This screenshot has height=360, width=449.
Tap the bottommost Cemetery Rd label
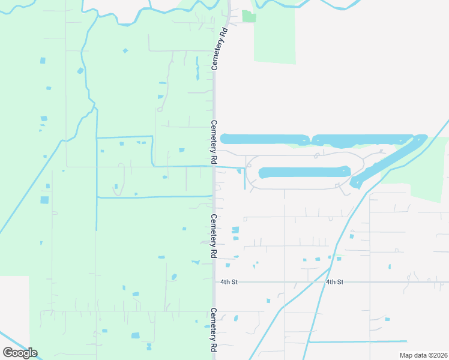213,329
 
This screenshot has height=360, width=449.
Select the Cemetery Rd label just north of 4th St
213,236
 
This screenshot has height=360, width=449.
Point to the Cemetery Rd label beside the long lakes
213,142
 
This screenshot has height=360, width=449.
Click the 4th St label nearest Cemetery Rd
229,281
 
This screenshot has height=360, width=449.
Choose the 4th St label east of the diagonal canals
334,281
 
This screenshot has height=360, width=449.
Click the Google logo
20,352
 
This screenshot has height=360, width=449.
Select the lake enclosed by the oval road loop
304,172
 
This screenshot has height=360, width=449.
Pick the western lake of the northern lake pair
265,139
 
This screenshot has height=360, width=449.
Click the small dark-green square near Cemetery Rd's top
249,16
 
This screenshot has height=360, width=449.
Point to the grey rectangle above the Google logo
14,309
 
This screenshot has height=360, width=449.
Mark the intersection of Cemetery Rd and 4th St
214,281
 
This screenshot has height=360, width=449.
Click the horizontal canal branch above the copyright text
360,342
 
